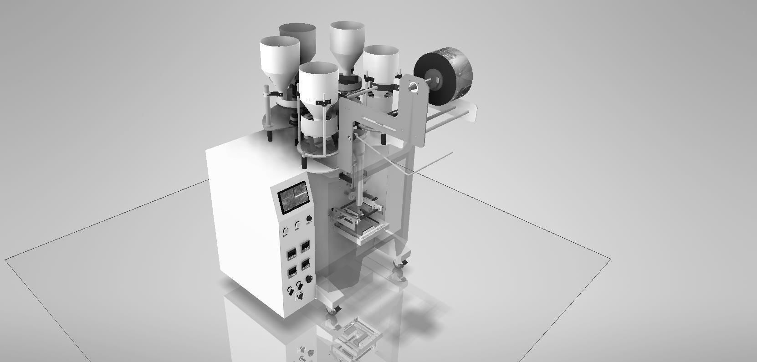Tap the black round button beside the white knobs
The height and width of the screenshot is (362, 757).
click(x=309, y=219)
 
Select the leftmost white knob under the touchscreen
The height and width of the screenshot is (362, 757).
click(x=286, y=230)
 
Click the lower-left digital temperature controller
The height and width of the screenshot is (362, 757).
click(x=292, y=271)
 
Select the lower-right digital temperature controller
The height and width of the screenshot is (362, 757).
click(x=306, y=264)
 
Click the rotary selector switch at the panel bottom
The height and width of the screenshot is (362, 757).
click(x=300, y=296)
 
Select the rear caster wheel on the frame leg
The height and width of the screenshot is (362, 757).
click(x=400, y=262)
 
